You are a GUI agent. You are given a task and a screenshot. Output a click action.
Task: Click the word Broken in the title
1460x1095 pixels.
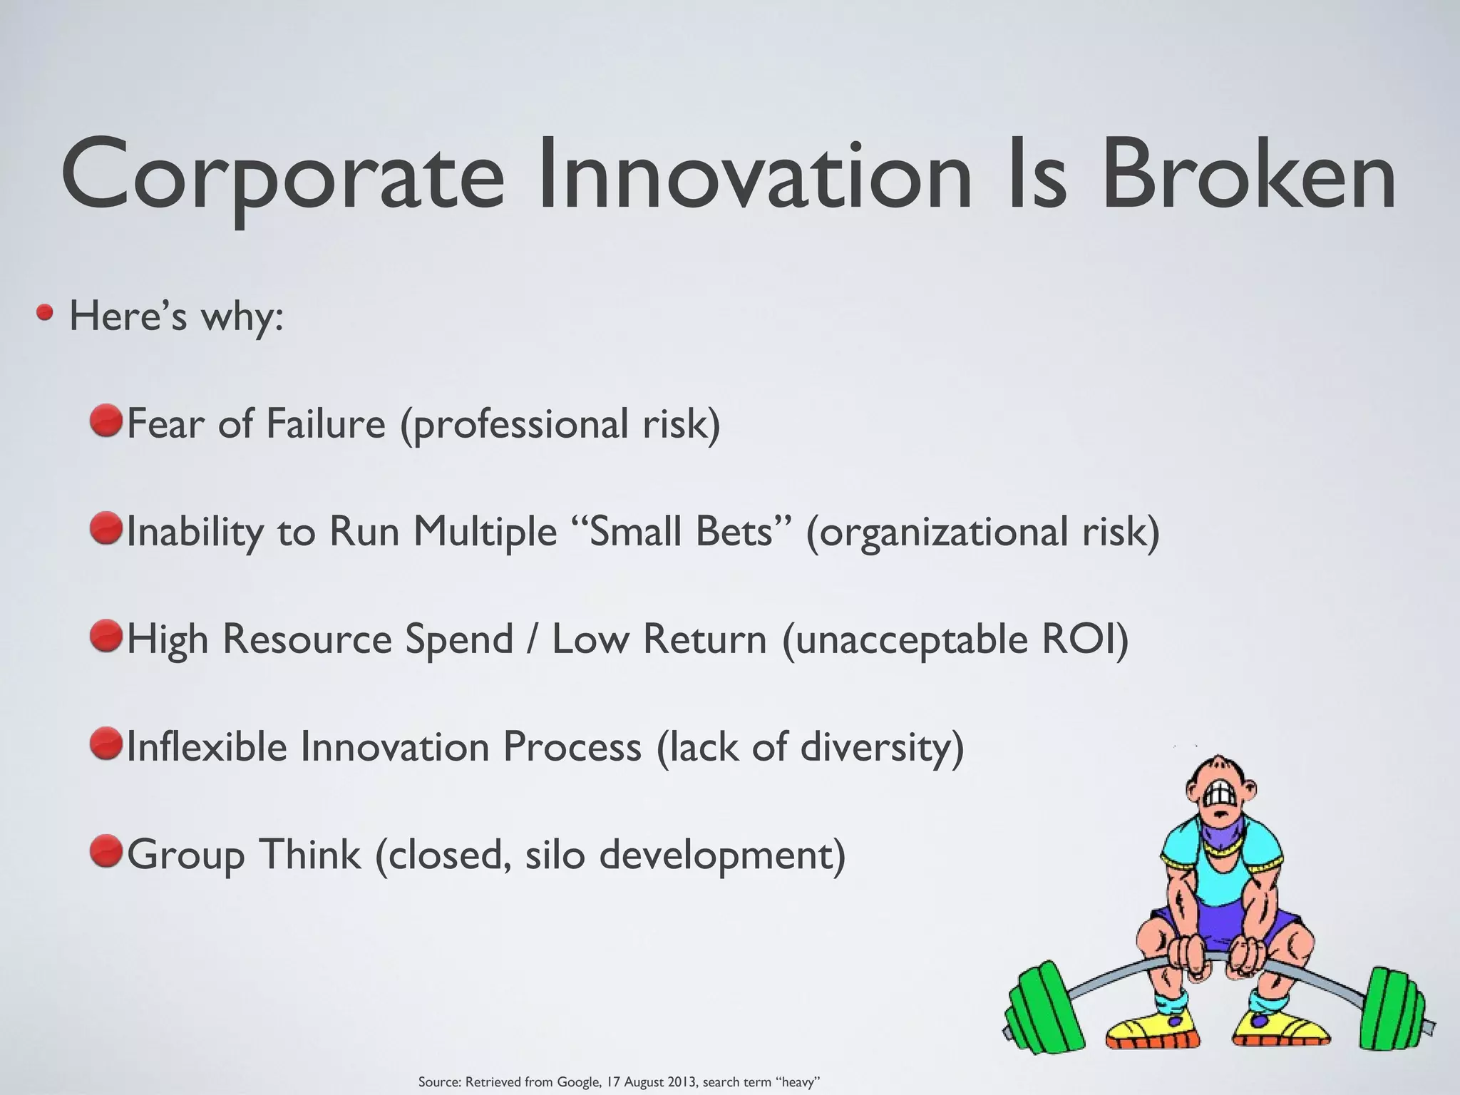[x=1248, y=175]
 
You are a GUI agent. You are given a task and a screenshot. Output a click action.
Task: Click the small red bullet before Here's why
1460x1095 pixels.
[x=46, y=313]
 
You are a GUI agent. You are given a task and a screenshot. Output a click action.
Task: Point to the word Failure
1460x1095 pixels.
[x=325, y=423]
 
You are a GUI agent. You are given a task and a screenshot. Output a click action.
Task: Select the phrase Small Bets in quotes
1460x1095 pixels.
[x=681, y=531]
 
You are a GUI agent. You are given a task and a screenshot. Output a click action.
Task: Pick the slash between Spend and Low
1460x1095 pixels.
[x=532, y=639]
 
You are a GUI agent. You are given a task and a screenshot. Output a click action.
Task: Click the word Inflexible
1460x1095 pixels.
[x=206, y=746]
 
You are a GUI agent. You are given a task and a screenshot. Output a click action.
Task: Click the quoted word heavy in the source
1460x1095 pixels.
[x=798, y=1082]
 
